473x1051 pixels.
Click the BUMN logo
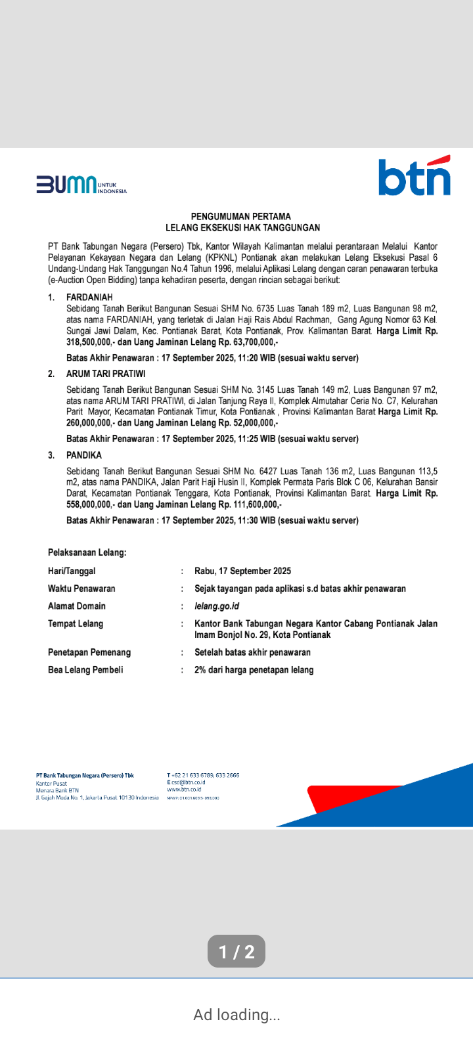pos(81,185)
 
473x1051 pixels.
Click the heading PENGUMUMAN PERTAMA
pos(240,216)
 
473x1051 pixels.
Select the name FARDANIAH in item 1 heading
pos(89,298)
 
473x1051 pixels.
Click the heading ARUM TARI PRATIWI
pos(106,374)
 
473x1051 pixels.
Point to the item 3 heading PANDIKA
pos(84,455)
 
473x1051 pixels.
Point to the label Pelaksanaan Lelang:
pos(87,552)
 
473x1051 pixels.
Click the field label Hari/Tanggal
pos(72,571)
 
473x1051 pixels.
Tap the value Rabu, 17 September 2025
pos(242,571)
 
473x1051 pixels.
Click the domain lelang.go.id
pos(217,606)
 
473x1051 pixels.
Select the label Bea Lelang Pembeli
pos(85,670)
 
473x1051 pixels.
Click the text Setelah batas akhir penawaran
pos(252,652)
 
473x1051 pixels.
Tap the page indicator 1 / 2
pos(236,952)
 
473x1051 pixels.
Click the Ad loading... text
pos(236,1015)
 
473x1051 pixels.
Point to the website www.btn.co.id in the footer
pos(184,790)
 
